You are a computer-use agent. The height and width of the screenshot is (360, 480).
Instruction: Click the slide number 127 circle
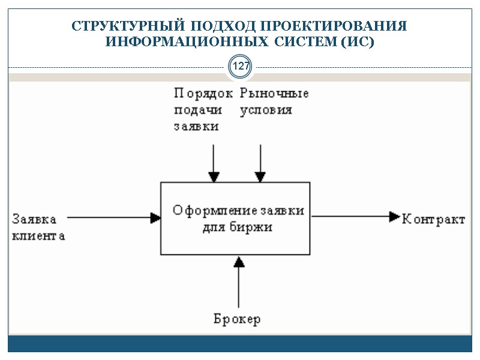(x=241, y=67)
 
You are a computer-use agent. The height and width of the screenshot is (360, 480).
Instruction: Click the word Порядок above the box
(x=203, y=94)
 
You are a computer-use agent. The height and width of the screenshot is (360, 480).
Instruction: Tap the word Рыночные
(x=274, y=94)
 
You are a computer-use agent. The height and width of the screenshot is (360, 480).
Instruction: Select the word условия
(x=266, y=110)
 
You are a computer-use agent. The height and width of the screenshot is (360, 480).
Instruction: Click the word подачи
(x=197, y=110)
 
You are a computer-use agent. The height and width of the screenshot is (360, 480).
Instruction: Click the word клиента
(x=38, y=236)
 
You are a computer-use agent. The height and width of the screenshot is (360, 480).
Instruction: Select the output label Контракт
(x=433, y=219)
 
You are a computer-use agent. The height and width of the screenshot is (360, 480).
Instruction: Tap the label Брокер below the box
(x=237, y=319)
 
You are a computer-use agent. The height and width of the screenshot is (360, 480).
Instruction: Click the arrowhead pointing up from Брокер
(x=239, y=261)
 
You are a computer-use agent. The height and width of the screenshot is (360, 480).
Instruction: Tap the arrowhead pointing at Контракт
(x=394, y=216)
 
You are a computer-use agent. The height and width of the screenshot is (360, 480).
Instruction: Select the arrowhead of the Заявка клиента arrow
(x=155, y=217)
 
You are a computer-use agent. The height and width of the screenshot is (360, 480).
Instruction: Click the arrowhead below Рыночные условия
(x=260, y=176)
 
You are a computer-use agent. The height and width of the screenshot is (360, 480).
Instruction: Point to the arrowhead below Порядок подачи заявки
(x=213, y=176)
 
